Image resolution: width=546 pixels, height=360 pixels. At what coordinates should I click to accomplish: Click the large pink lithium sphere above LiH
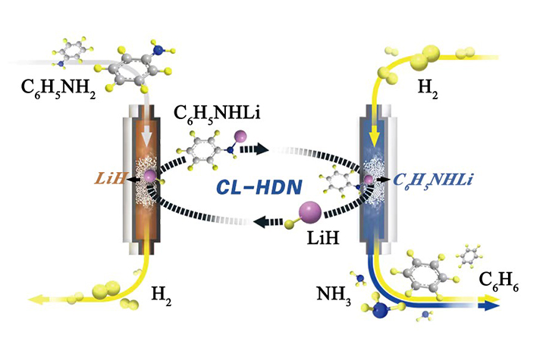pyautogui.click(x=312, y=211)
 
